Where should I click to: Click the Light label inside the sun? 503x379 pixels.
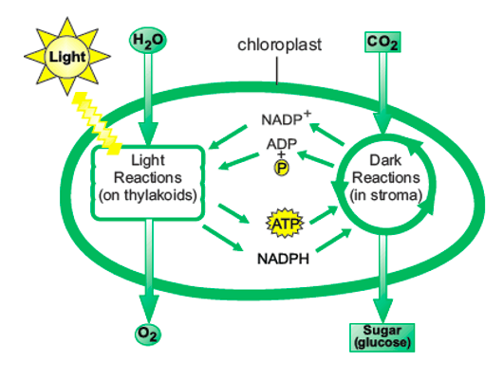(67, 57)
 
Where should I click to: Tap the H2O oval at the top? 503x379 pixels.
(148, 41)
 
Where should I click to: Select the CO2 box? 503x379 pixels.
(382, 42)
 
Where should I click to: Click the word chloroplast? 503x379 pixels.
(279, 45)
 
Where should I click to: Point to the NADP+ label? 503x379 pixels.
(286, 118)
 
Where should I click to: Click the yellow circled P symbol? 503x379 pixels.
(281, 168)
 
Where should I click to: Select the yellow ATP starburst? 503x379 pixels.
(285, 223)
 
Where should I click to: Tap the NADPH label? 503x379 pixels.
(283, 259)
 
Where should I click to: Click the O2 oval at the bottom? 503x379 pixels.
(148, 334)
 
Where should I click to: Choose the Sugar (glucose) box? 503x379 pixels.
(382, 337)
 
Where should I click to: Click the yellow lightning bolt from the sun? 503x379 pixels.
(96, 123)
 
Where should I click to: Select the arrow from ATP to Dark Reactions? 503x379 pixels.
(324, 215)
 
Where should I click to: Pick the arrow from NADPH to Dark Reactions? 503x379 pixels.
(334, 240)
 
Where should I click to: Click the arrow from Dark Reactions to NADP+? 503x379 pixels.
(326, 135)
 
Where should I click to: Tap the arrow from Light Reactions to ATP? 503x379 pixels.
(233, 213)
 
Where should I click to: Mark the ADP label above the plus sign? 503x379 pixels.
(282, 144)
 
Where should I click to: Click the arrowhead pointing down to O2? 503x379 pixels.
(148, 308)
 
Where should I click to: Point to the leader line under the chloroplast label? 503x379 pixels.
(277, 71)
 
